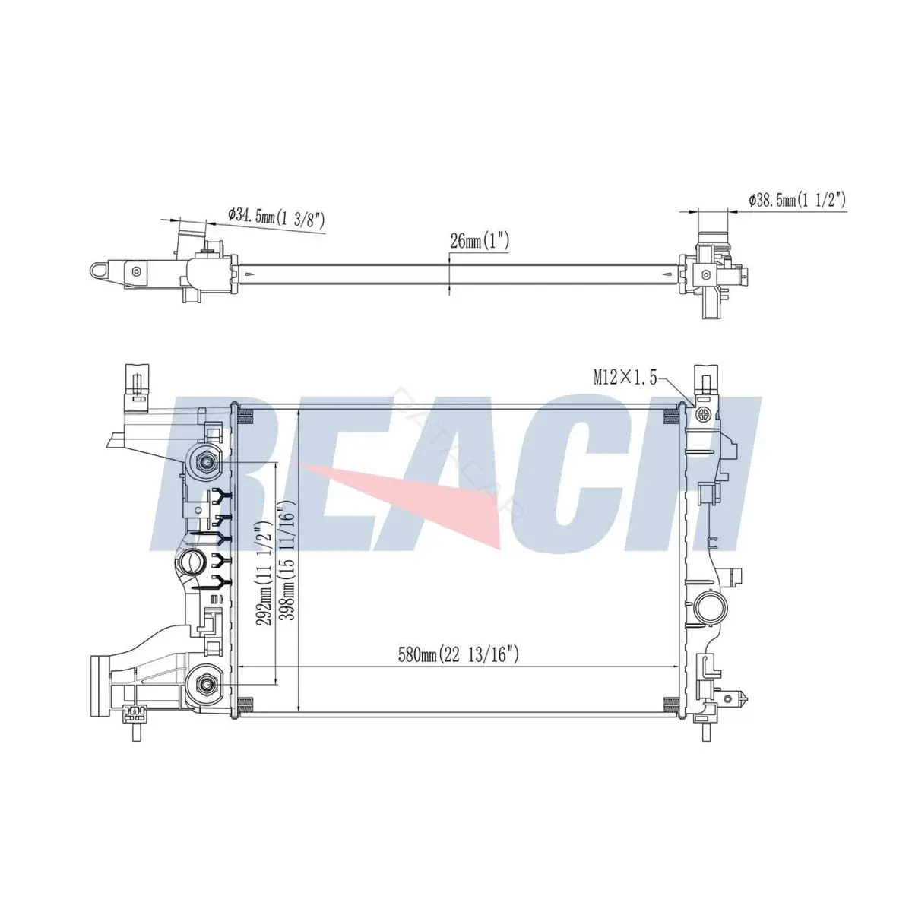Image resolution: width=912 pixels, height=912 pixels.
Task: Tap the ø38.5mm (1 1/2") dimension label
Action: click(797, 200)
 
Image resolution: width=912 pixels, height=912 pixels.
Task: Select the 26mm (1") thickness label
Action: click(479, 241)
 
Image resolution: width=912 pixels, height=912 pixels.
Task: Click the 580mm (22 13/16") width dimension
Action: click(458, 654)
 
